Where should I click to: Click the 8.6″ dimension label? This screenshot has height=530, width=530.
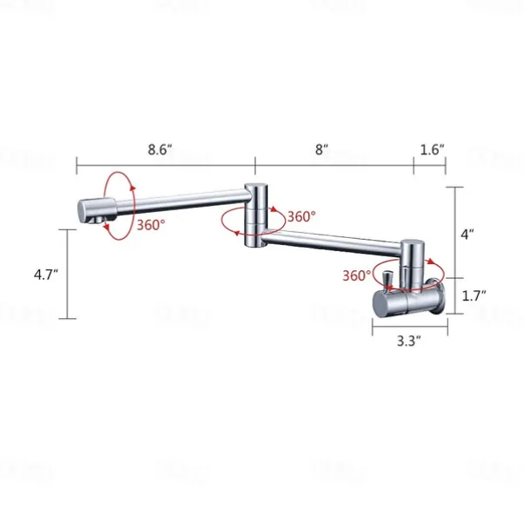(x=160, y=149)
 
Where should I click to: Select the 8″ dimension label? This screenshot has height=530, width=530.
(x=321, y=149)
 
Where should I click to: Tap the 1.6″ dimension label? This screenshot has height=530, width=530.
(x=432, y=149)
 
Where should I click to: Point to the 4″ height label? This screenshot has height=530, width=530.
(x=468, y=234)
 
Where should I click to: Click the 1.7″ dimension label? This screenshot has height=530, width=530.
(x=474, y=295)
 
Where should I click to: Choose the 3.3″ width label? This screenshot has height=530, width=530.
(x=407, y=341)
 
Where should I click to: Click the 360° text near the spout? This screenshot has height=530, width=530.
(x=151, y=224)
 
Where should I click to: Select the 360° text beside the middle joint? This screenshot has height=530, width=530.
(x=301, y=217)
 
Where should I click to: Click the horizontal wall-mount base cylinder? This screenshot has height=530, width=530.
(x=407, y=302)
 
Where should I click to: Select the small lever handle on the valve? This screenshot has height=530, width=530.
(x=388, y=279)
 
